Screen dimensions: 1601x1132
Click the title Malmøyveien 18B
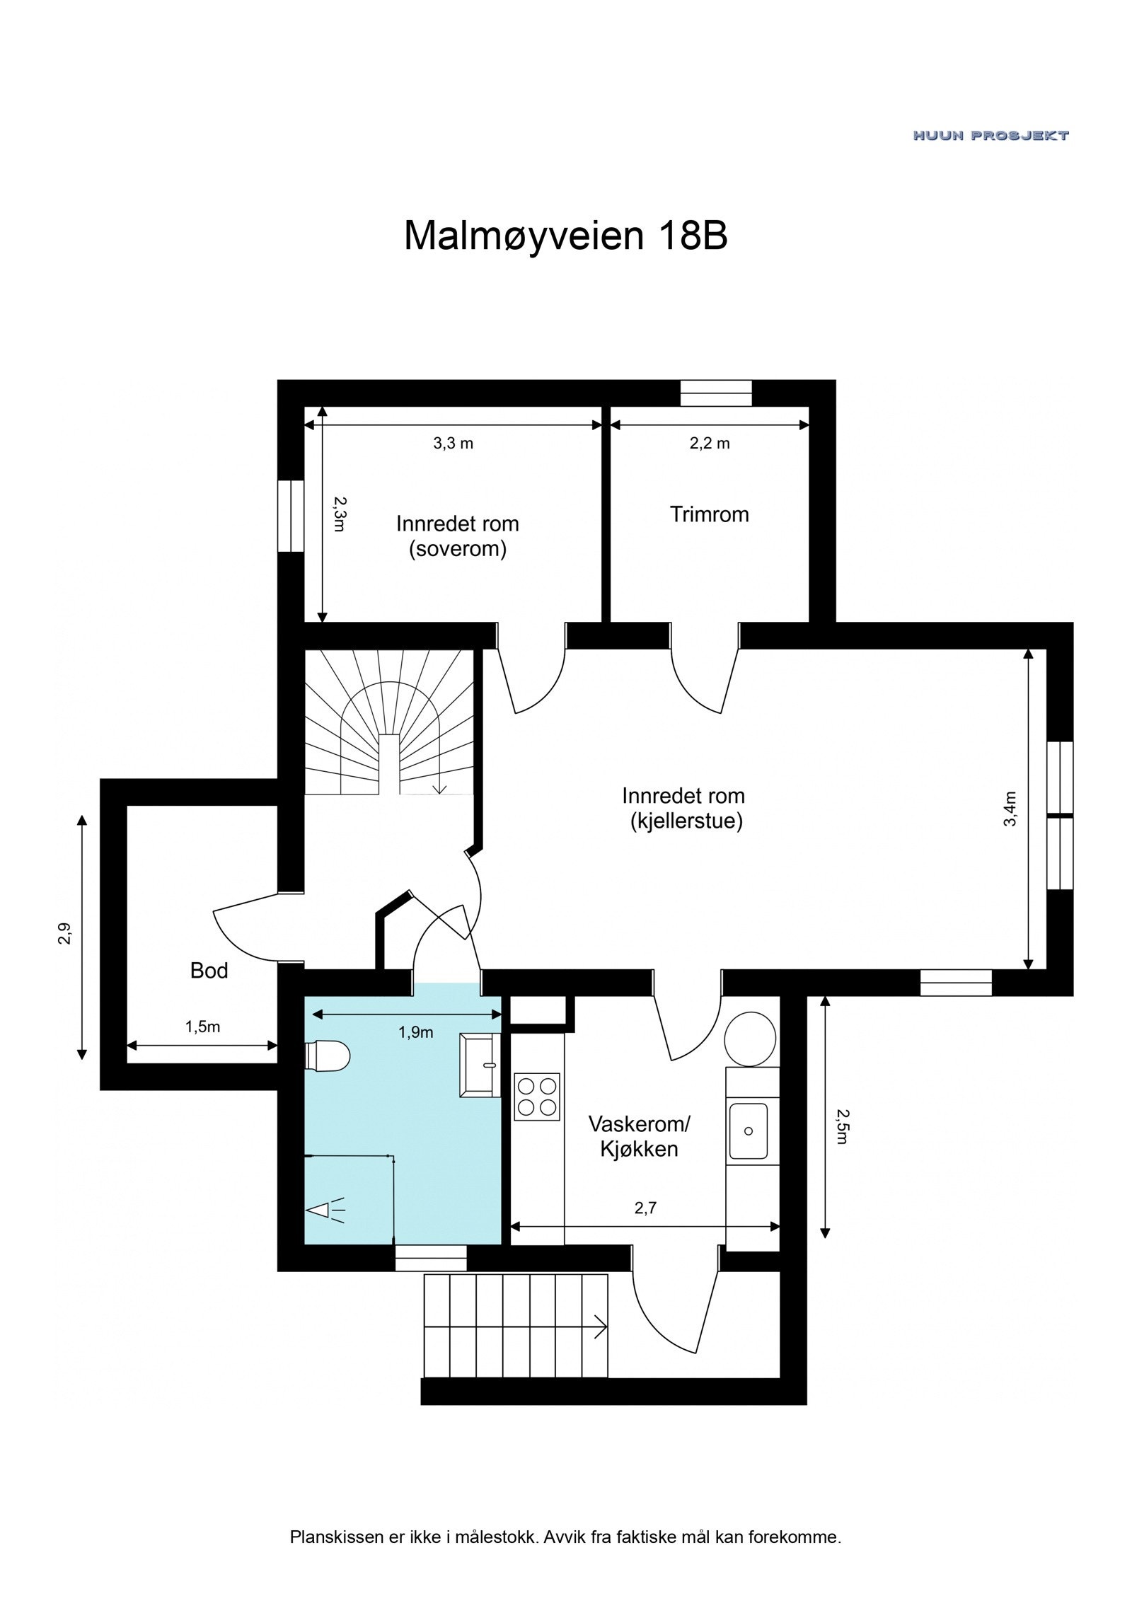(x=565, y=236)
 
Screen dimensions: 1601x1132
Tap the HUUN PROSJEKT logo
(x=990, y=135)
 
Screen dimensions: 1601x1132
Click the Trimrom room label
(x=709, y=514)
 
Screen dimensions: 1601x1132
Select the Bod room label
(x=209, y=971)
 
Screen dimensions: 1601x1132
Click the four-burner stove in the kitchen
(x=536, y=1097)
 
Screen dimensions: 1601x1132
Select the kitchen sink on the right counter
(x=748, y=1131)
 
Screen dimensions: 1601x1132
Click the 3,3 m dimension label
(x=453, y=444)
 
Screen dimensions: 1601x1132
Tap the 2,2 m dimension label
(x=709, y=444)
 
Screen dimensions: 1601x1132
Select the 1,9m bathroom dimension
(x=415, y=1032)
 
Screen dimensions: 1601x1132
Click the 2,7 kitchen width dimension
(x=645, y=1208)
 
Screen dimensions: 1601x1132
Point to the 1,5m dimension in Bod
(x=202, y=1027)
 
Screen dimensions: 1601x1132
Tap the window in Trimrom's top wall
(x=715, y=393)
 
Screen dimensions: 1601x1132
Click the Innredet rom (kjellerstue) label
(x=683, y=808)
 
